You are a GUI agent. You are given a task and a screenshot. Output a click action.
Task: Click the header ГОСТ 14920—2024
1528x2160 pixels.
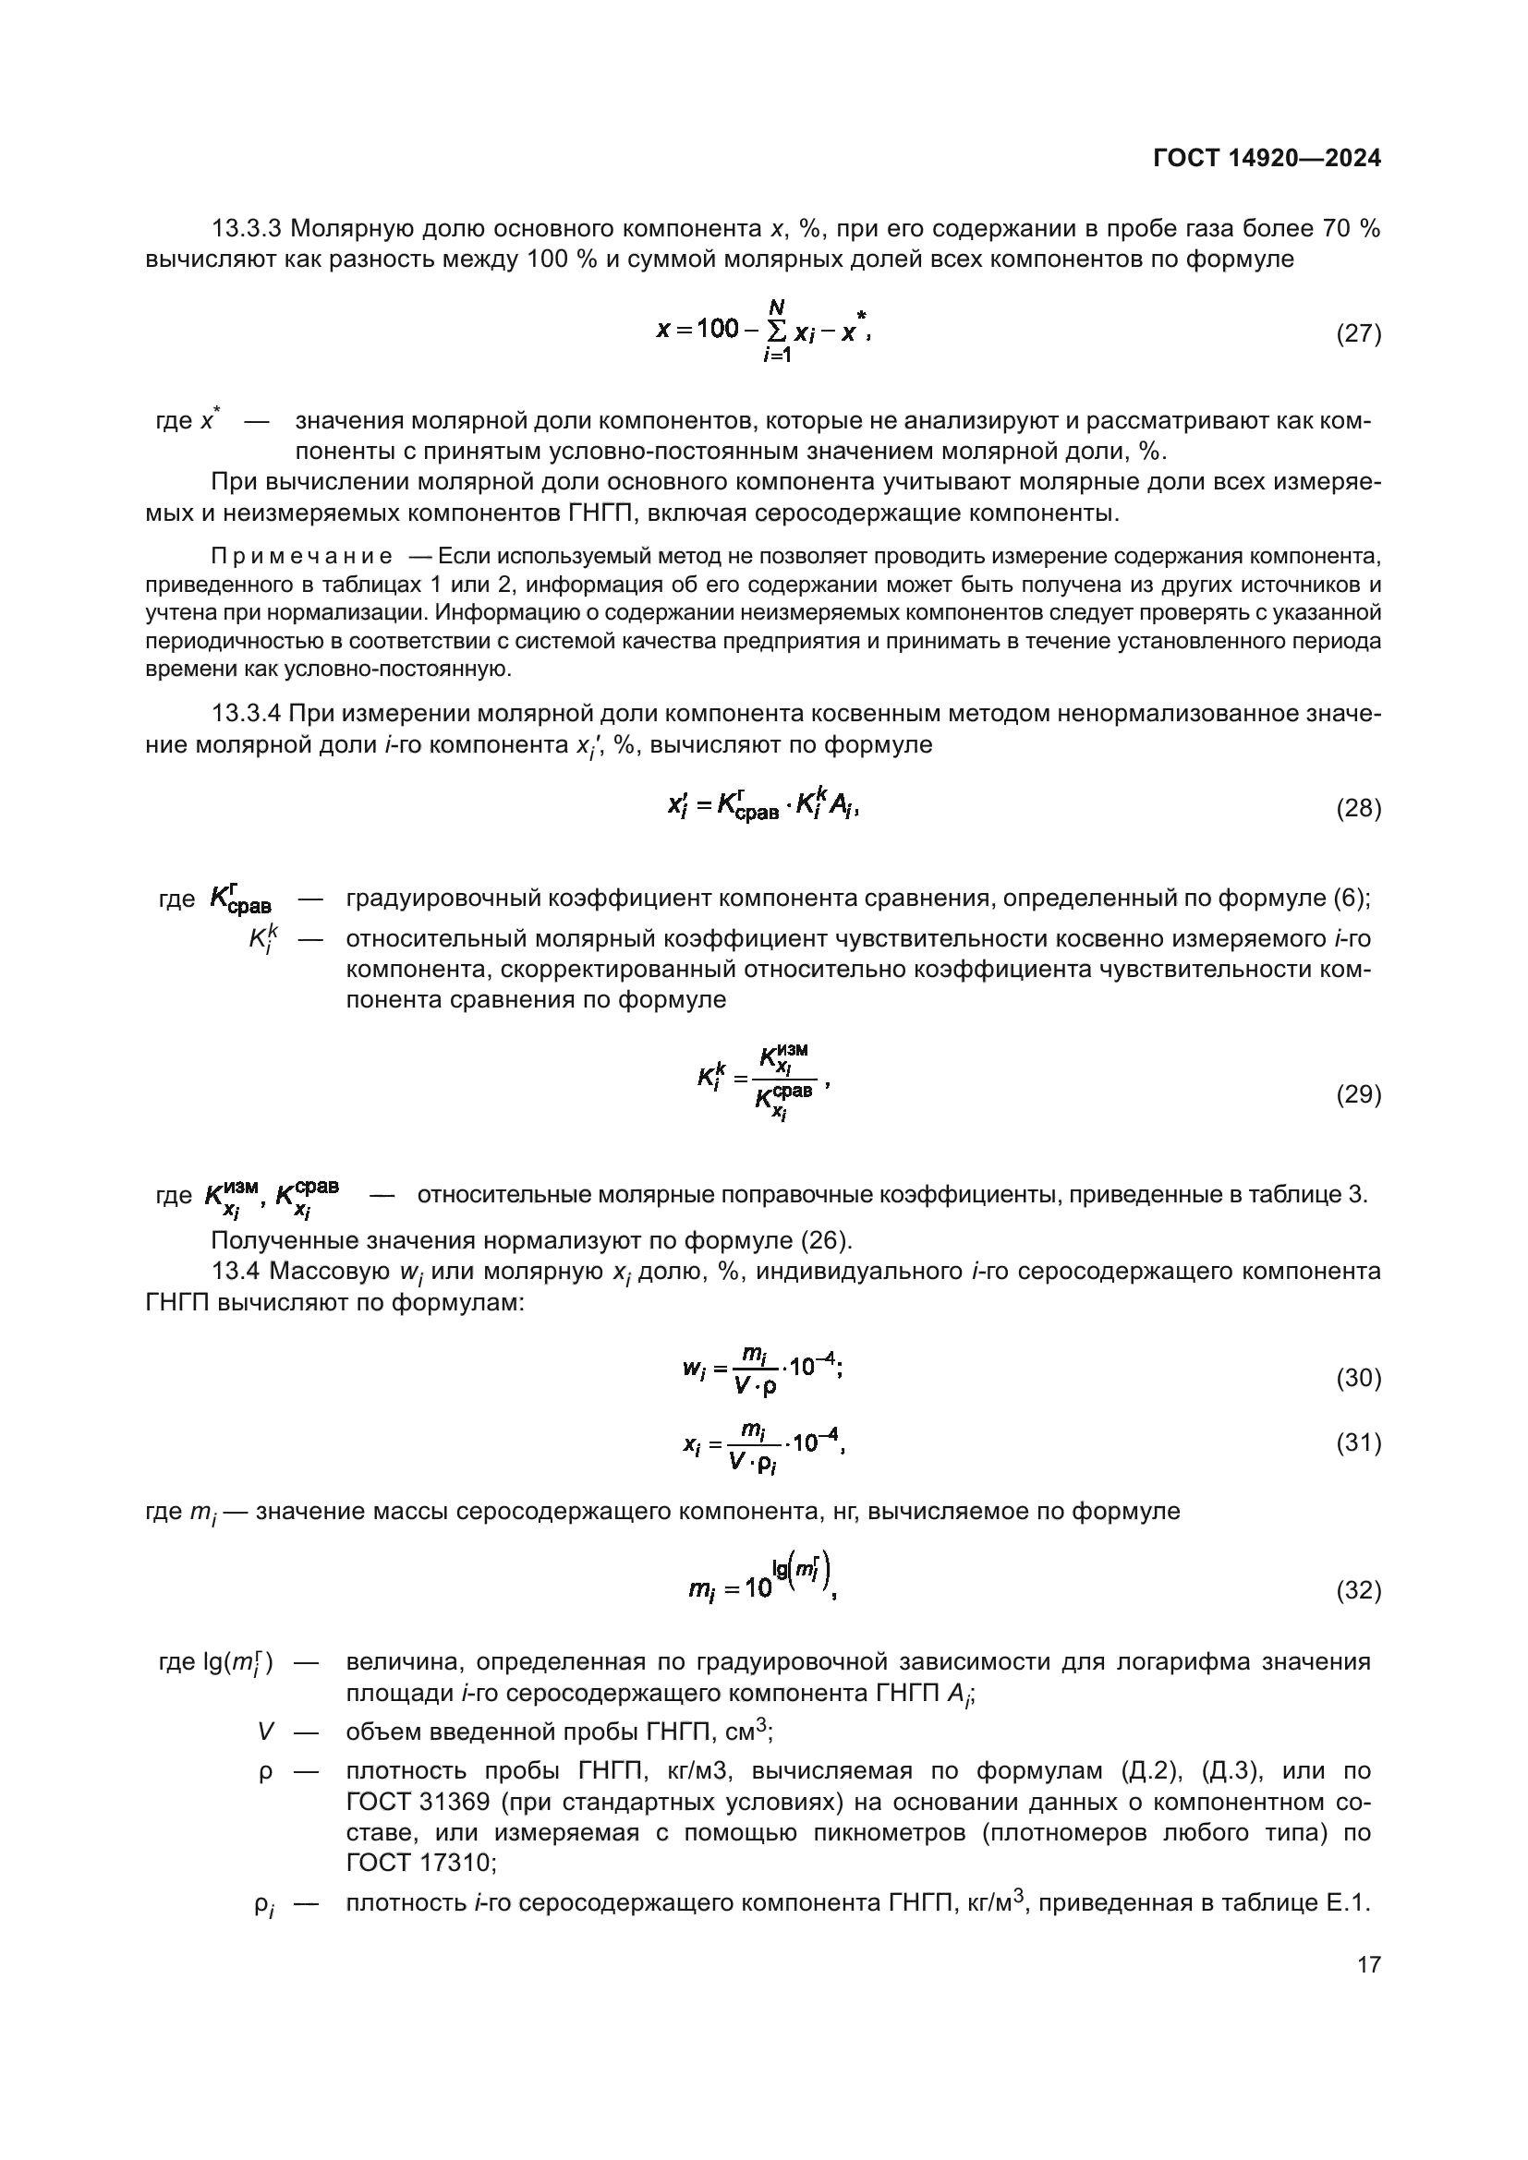click(x=1267, y=159)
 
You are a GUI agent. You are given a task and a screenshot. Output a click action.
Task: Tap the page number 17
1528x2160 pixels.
click(x=1369, y=1964)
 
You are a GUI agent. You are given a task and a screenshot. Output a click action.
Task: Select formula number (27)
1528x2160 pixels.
click(x=1359, y=334)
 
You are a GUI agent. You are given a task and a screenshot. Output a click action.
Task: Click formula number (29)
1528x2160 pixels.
click(x=1359, y=1094)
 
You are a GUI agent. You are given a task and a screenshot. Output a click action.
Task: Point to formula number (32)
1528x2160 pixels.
click(x=1359, y=1590)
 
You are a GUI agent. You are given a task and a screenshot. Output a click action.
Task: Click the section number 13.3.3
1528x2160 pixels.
click(x=246, y=229)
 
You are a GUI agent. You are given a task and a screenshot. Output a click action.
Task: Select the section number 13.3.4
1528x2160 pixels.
click(x=246, y=713)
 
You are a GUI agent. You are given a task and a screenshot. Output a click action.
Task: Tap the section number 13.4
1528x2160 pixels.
click(x=236, y=1272)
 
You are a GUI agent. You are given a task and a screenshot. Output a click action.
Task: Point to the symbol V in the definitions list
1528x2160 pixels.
click(x=266, y=1731)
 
